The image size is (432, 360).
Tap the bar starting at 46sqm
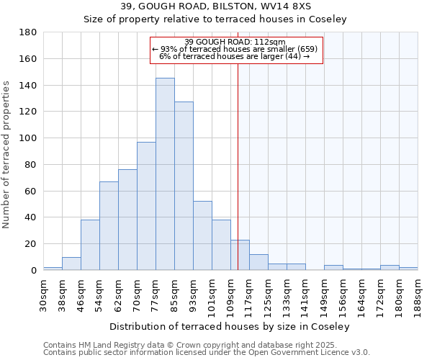click(x=90, y=245)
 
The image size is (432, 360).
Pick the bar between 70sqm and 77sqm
click(x=146, y=206)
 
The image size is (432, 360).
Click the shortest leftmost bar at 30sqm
click(x=53, y=269)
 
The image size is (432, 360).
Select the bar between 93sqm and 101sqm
click(x=202, y=235)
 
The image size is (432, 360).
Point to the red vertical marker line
click(x=238, y=180)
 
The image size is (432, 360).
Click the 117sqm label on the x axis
click(x=249, y=294)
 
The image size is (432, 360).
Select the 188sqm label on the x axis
click(x=418, y=294)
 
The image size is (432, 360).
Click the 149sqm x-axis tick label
click(x=324, y=294)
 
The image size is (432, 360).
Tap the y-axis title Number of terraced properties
click(x=6, y=155)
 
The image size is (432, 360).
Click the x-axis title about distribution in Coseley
click(x=230, y=326)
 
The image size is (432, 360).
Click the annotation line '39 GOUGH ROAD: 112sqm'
click(x=235, y=42)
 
